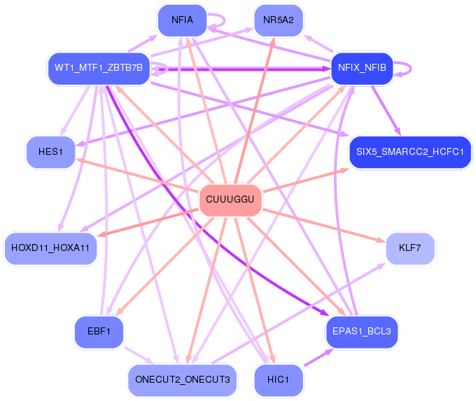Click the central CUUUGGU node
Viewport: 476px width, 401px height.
tap(230, 200)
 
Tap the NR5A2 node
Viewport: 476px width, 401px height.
tap(279, 20)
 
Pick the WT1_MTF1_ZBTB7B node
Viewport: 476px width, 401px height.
tap(99, 68)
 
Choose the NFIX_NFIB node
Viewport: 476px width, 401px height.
tap(362, 68)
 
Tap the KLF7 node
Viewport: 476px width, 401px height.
tap(410, 247)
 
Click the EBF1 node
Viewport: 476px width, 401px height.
tap(99, 332)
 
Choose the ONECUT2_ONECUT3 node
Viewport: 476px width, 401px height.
tap(182, 379)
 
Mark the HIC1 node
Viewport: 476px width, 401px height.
tap(279, 379)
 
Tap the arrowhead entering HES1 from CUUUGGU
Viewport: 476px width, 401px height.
tap(78, 160)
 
